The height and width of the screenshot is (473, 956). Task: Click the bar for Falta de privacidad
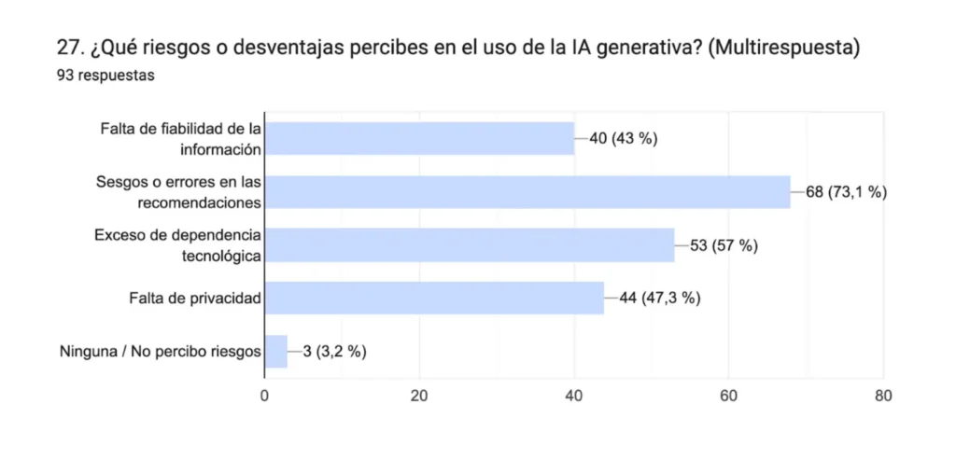point(434,299)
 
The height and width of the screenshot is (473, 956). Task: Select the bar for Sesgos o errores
point(527,192)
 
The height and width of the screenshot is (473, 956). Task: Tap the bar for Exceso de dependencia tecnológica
point(470,245)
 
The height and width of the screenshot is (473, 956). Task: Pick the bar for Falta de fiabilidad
point(419,139)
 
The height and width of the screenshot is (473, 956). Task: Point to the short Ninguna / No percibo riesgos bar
point(276,352)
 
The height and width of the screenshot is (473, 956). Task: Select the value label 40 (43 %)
point(624,139)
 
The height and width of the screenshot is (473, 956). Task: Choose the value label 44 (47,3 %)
point(659,299)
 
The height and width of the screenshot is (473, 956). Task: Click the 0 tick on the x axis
point(265,396)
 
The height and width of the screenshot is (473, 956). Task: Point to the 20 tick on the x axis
point(419,396)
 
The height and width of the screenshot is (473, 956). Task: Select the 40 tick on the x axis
point(574,396)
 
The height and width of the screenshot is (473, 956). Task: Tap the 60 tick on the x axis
point(729,396)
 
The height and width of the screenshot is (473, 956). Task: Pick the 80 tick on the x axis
point(883,396)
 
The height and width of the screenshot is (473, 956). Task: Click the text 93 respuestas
point(105,76)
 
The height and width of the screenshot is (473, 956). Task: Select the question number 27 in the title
point(68,48)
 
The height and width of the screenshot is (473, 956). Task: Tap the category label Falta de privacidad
point(194,299)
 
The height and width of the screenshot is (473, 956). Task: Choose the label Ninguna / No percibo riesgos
point(160,352)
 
